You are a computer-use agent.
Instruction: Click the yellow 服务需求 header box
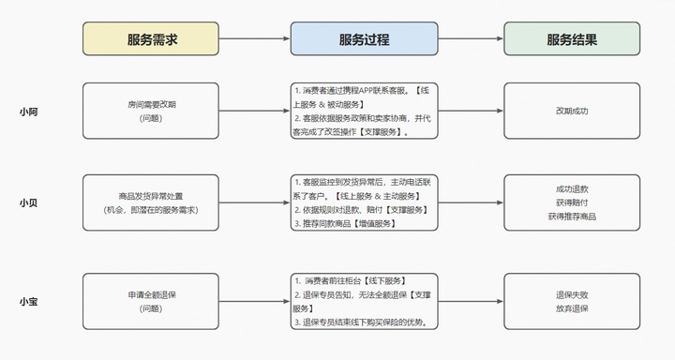point(152,40)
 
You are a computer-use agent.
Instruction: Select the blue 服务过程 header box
point(364,40)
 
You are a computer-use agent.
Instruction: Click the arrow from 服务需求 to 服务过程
point(256,40)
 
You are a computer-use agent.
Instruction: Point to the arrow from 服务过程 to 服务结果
point(471,40)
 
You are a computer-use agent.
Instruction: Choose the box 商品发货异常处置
point(151,202)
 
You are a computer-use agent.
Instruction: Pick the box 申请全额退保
point(151,300)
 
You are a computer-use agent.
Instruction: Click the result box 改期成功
point(571,112)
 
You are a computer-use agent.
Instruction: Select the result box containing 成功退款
point(571,202)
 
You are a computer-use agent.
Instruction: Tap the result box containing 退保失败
point(571,300)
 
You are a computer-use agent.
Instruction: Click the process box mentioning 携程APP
point(364,112)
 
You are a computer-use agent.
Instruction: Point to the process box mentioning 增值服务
point(364,202)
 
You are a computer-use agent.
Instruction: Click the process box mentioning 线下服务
point(364,300)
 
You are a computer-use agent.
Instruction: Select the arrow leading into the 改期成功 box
point(471,112)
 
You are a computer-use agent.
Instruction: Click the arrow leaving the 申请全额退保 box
point(256,300)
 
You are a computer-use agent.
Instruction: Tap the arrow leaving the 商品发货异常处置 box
point(256,202)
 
